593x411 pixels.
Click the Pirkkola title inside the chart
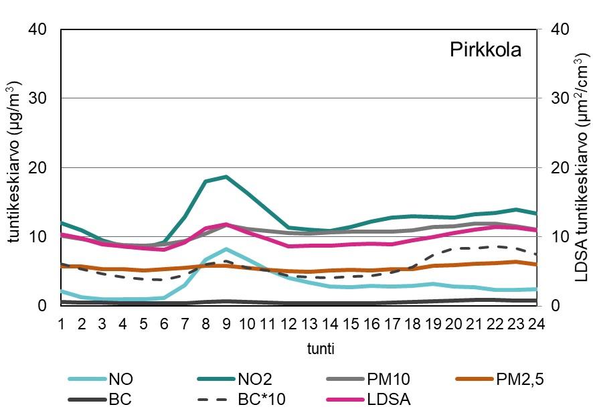coord(485,51)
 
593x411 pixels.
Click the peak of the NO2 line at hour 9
coord(227,177)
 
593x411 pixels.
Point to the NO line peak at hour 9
coord(227,249)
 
